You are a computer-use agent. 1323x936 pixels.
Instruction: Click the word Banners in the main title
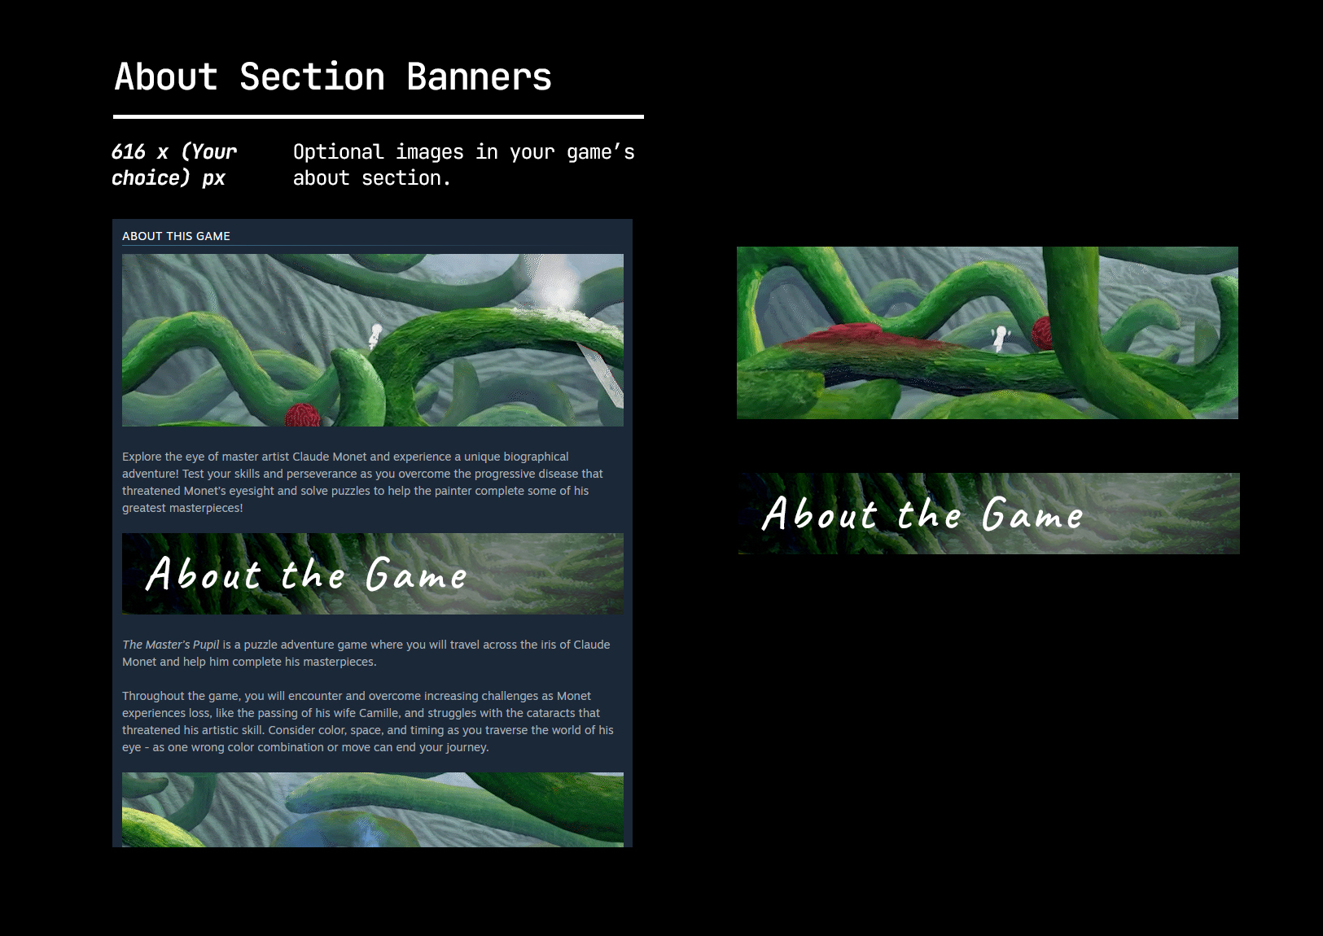479,77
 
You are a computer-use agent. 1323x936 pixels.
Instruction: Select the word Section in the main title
312,77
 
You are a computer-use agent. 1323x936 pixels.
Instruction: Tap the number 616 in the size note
128,152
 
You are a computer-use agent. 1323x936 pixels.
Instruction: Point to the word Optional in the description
338,152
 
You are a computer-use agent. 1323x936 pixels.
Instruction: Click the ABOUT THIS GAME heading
176,236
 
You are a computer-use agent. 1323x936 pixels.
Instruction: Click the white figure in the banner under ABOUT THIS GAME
375,335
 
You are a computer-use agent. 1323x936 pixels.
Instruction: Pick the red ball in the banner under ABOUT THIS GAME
303,415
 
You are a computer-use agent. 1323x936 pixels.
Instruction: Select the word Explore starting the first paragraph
142,457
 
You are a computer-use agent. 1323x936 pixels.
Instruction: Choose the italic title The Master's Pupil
170,645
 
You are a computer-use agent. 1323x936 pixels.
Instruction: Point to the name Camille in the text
379,713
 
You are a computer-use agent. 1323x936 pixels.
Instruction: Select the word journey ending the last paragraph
467,747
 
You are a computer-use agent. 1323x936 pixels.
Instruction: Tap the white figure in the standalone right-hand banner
1000,336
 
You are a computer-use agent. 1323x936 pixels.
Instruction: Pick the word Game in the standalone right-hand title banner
1032,514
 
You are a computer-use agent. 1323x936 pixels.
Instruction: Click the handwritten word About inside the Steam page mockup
204,574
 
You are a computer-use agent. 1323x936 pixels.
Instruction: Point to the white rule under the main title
379,116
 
